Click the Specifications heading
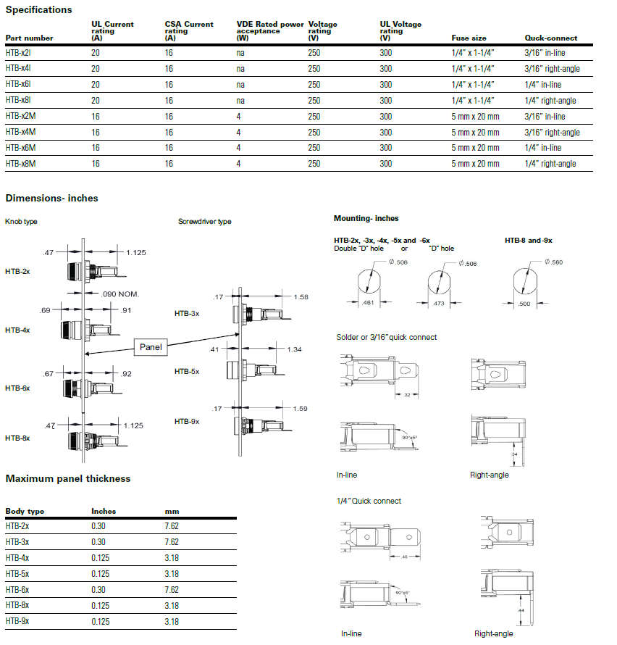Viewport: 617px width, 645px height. pos(38,9)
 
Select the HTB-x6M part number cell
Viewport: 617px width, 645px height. pos(20,148)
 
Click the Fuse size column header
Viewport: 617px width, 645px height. pos(468,38)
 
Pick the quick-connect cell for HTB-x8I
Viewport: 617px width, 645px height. pos(550,101)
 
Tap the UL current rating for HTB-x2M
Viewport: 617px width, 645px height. pos(96,117)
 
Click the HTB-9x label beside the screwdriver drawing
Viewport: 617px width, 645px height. pos(187,421)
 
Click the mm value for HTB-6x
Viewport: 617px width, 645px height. pos(172,590)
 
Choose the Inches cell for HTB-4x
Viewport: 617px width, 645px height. pos(100,558)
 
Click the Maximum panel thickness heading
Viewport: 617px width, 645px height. pos(68,478)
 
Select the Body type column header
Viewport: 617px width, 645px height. pos(25,511)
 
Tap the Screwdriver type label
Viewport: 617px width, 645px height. pos(205,221)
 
